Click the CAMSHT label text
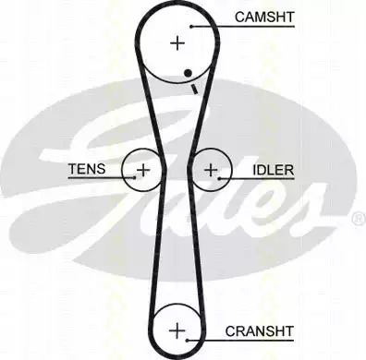click(264, 18)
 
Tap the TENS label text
click(87, 169)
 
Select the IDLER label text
click(274, 170)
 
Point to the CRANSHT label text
click(259, 331)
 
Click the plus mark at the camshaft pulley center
click(177, 43)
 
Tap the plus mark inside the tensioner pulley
click(143, 170)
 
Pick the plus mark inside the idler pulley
click(211, 170)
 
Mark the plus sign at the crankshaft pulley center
click(177, 331)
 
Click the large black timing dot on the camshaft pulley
click(188, 73)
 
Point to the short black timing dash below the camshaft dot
click(193, 89)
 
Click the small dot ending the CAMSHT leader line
click(191, 27)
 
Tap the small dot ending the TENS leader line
click(134, 177)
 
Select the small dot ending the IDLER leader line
click(219, 178)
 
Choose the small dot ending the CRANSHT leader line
click(187, 340)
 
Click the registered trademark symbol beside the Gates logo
click(359, 219)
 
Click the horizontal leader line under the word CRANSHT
click(240, 341)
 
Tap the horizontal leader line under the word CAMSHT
click(243, 27)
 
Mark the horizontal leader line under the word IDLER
click(257, 178)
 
